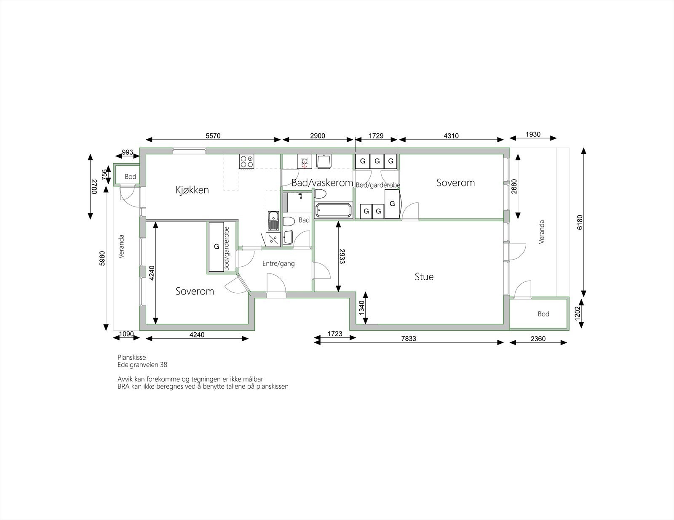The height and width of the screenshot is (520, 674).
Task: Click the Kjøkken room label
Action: click(x=192, y=190)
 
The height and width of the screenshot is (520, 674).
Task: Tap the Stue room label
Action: click(x=424, y=277)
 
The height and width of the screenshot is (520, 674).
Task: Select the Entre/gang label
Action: click(x=278, y=264)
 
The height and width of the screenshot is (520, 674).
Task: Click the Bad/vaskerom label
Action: click(x=322, y=183)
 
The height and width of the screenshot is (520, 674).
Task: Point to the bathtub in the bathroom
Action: click(x=333, y=210)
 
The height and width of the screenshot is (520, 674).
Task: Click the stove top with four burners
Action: click(x=247, y=161)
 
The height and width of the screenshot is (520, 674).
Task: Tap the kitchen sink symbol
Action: click(x=273, y=220)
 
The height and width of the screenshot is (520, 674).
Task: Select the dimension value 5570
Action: click(x=213, y=136)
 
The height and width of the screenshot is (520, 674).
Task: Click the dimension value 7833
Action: click(x=408, y=338)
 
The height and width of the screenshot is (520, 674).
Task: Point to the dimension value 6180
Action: click(x=580, y=222)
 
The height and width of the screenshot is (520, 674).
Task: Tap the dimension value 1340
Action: click(x=361, y=308)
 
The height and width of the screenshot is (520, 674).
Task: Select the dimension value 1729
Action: click(x=376, y=136)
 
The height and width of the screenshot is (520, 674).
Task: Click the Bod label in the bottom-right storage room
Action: click(x=543, y=314)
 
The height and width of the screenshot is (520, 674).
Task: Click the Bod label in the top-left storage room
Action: click(x=130, y=177)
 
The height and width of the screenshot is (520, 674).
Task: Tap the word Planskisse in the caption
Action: click(x=131, y=358)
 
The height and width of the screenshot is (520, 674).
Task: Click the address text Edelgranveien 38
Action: click(x=142, y=365)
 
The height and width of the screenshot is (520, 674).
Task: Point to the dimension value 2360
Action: click(x=538, y=338)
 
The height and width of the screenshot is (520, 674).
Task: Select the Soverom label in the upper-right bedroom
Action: click(x=455, y=183)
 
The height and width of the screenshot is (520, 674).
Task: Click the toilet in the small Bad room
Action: click(x=289, y=221)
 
